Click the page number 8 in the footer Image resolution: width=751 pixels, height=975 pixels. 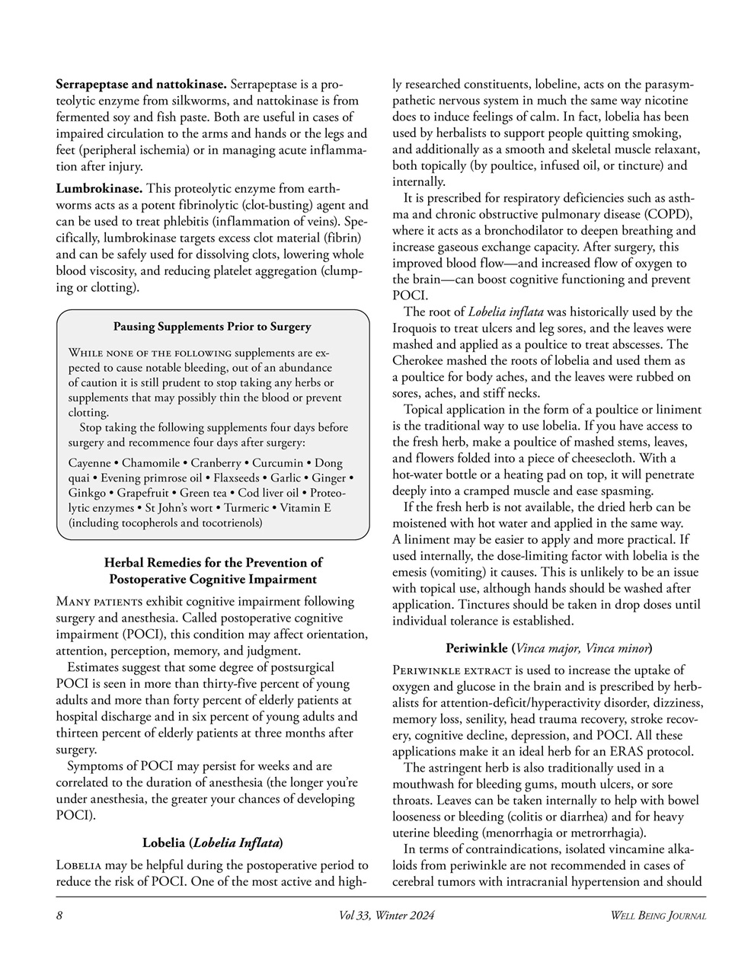(59, 916)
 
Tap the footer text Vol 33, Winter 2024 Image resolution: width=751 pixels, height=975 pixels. (386, 916)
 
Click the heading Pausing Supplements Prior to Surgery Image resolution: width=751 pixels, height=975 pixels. (212, 327)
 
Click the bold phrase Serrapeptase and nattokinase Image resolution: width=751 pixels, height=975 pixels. (141, 83)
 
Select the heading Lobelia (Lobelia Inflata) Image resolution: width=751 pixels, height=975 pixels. (213, 842)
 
